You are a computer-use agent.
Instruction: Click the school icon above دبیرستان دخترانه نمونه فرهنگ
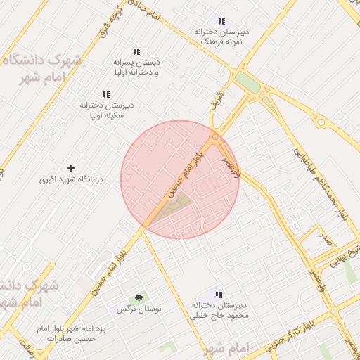coord(222,22)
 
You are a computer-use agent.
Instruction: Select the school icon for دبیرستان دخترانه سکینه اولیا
coord(106,94)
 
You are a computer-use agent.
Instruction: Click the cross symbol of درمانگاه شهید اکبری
coord(70,169)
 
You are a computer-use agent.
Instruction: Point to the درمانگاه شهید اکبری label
coord(71,180)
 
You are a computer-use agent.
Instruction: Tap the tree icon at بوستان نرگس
coord(138,298)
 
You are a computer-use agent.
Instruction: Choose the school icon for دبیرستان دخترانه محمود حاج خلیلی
coord(219,294)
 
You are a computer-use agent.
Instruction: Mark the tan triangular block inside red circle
coord(172,207)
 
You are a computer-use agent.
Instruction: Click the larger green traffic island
coord(247,82)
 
